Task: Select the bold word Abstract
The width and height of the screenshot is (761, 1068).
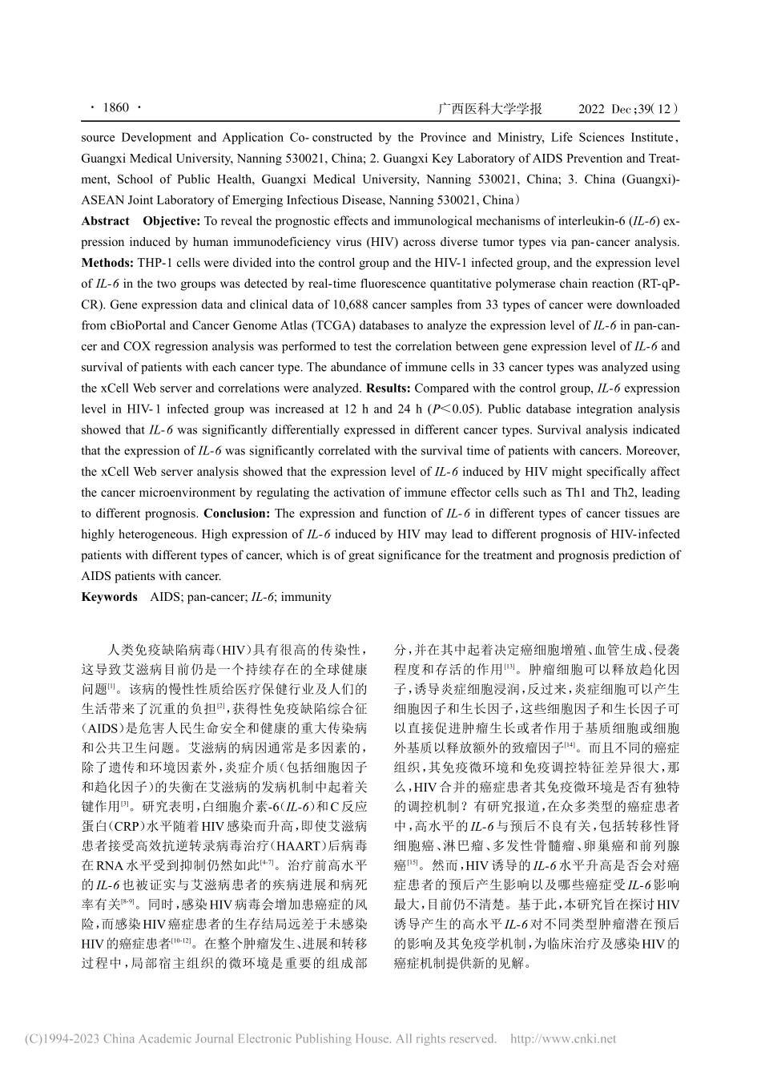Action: coord(105,221)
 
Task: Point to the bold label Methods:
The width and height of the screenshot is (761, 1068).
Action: coord(107,263)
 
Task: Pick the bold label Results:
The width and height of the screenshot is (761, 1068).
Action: coord(389,388)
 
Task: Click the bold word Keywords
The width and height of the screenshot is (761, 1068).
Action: coord(109,596)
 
